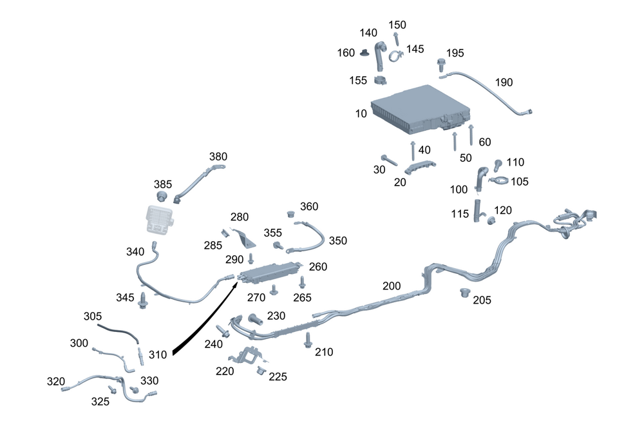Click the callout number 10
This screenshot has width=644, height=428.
click(361, 114)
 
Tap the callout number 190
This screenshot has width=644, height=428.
click(504, 83)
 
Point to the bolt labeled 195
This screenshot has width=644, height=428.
click(442, 64)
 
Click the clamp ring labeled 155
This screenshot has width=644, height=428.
click(380, 82)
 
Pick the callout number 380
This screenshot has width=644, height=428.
click(218, 157)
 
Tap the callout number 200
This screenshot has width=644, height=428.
click(392, 286)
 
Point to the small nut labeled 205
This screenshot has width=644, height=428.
click(464, 294)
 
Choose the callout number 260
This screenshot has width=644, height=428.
click(318, 266)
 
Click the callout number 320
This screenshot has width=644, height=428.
click(56, 381)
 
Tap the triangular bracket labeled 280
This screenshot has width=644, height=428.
click(243, 237)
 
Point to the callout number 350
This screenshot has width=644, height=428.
click(338, 240)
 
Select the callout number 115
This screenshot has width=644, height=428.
click(460, 214)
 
